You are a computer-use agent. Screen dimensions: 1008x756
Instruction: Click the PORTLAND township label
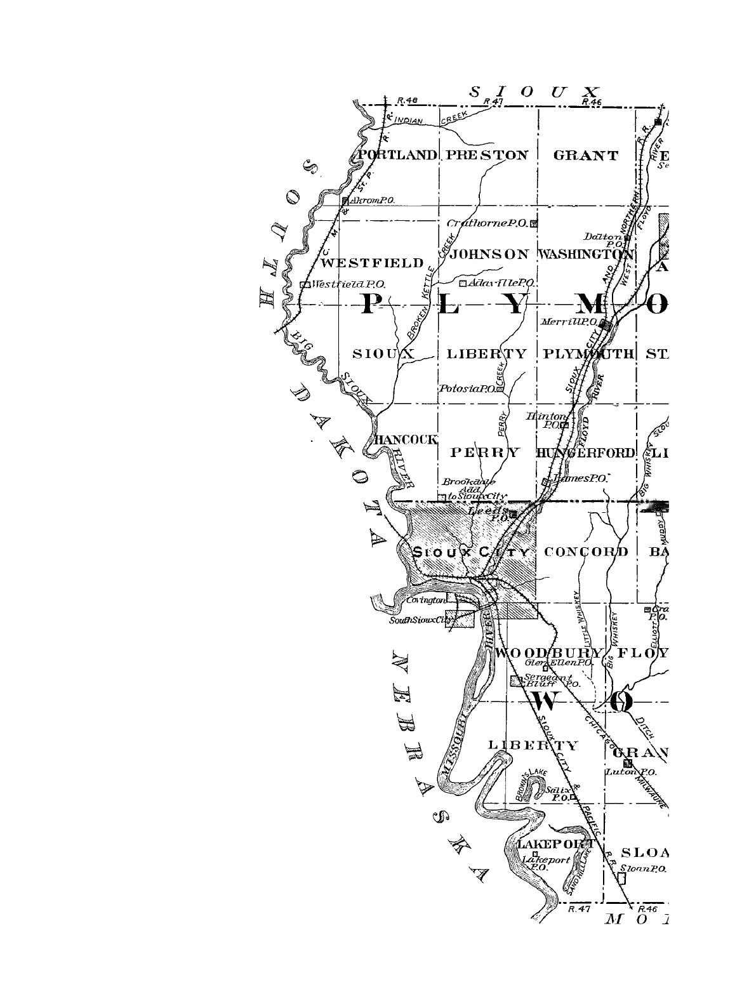click(397, 155)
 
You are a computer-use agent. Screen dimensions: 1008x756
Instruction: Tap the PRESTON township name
click(487, 155)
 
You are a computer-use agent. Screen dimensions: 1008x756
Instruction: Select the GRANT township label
click(585, 156)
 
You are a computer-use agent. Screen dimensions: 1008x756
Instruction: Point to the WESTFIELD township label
click(372, 262)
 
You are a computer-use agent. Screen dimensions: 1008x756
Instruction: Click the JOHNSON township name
click(488, 255)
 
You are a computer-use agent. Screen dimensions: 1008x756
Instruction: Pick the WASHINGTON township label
click(585, 255)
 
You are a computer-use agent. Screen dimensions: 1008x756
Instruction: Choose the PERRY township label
click(486, 453)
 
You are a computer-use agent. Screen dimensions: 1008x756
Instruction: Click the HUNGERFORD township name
click(585, 453)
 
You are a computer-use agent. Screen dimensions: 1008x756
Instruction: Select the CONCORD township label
click(586, 551)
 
